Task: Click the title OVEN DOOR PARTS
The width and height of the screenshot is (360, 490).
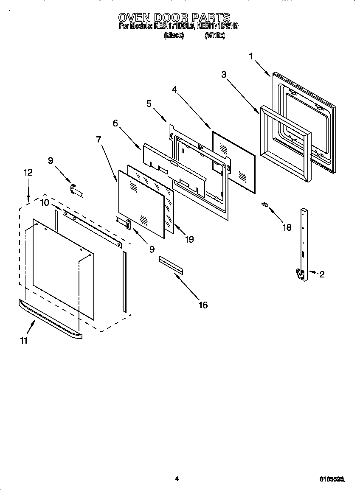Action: [x=174, y=17]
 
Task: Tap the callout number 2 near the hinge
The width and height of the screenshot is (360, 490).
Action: [x=322, y=274]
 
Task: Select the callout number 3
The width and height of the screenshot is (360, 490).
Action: [x=224, y=75]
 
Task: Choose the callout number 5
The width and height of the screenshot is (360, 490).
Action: [x=149, y=104]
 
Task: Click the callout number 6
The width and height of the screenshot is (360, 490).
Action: [x=115, y=123]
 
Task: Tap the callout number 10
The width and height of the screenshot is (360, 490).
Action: [x=45, y=203]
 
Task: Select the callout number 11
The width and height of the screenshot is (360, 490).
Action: [x=24, y=340]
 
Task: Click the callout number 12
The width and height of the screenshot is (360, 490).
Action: [x=28, y=173]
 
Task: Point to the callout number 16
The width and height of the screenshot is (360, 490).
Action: [x=203, y=305]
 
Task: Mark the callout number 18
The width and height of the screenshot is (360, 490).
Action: [x=287, y=227]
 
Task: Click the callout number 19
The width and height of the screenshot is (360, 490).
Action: [x=189, y=239]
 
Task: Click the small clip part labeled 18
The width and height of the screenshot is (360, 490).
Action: [x=265, y=204]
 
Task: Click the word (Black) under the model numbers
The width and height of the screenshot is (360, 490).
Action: [x=174, y=36]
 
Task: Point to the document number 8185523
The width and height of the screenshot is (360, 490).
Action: [x=332, y=479]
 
